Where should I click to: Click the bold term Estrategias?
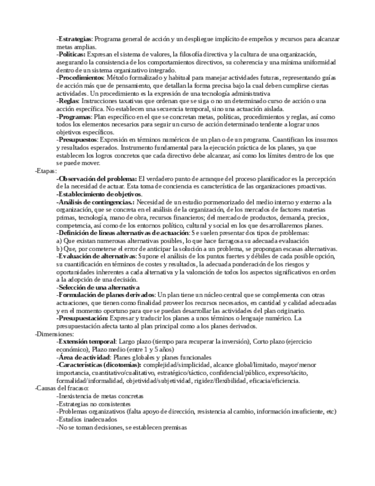tap(75, 39)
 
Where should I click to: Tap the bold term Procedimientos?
tap(81, 77)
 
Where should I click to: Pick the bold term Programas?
tap(74, 116)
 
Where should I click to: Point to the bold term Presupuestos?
tap(77, 139)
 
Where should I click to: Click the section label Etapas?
tap(46, 170)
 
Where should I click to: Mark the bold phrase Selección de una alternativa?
tap(99, 287)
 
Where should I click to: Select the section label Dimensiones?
tap(54, 333)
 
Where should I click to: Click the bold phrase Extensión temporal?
tap(86, 341)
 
